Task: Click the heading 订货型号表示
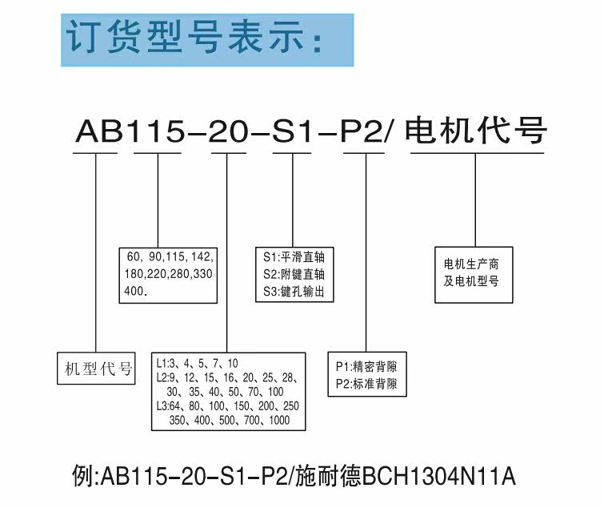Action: click(195, 38)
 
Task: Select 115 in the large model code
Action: click(157, 131)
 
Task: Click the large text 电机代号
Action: click(477, 130)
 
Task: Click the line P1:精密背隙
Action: click(367, 366)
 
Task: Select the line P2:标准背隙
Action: click(367, 383)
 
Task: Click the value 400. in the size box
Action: click(137, 289)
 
